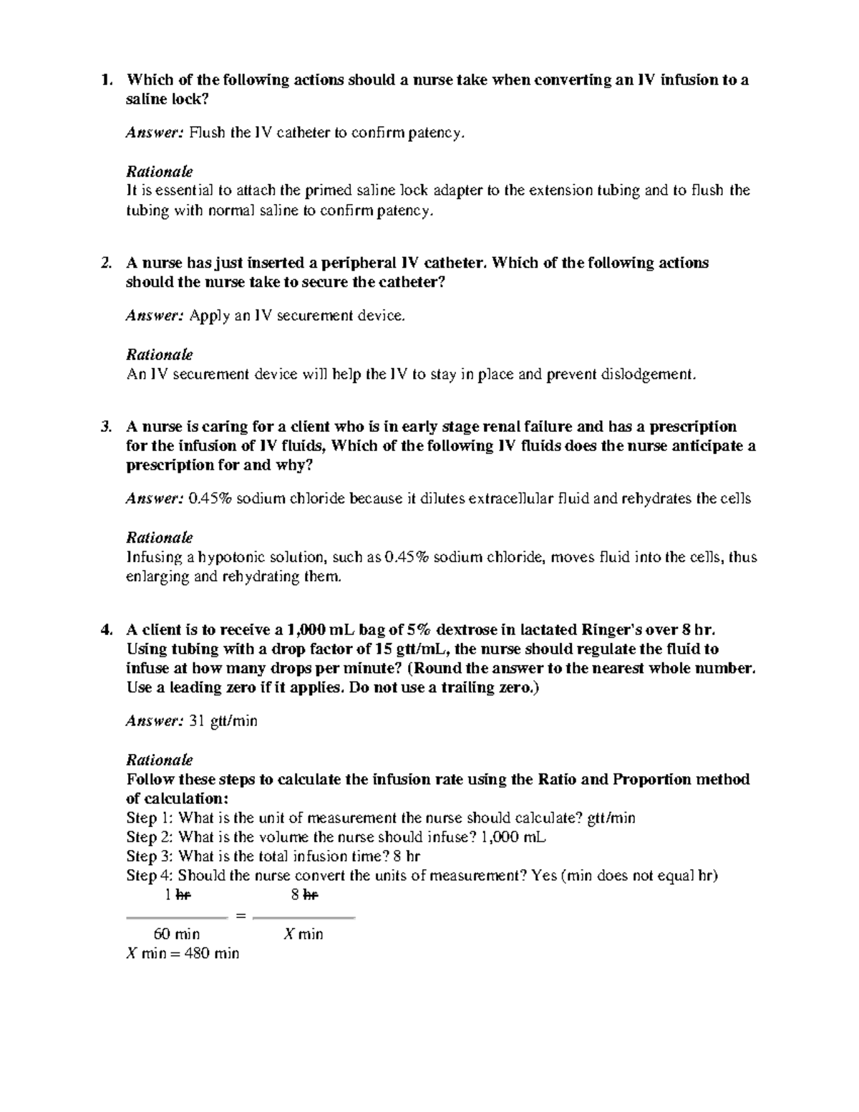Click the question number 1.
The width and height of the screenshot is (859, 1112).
106,79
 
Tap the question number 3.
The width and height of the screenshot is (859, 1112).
106,427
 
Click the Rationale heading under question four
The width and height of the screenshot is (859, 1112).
159,760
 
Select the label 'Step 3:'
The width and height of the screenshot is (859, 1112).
150,856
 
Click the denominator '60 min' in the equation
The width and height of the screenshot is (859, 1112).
177,934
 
